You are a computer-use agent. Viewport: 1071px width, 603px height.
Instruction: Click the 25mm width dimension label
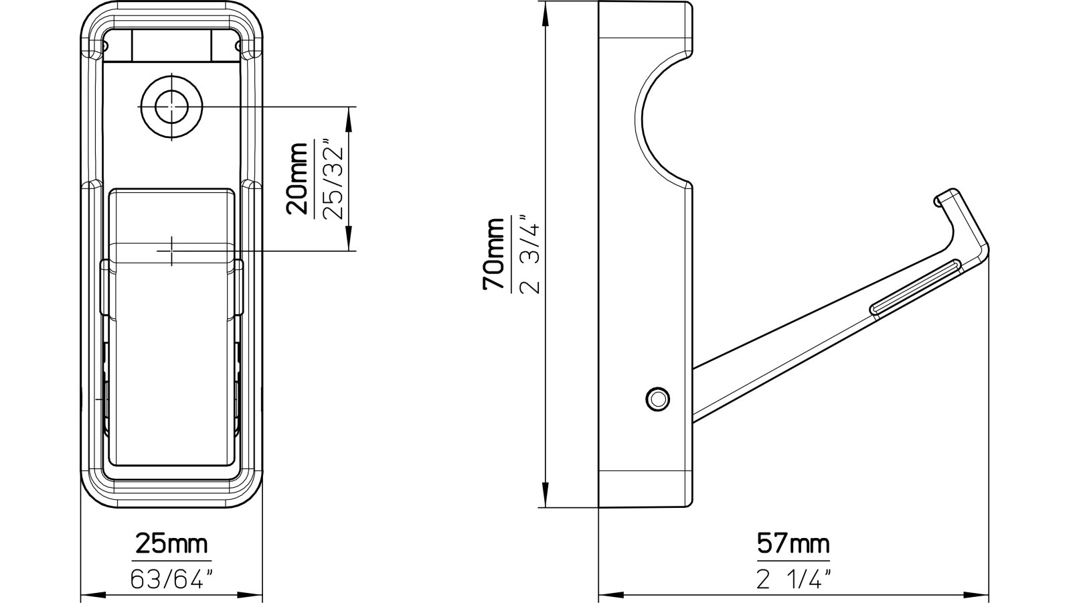(x=171, y=543)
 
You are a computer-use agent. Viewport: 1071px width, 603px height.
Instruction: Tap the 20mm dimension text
(x=297, y=178)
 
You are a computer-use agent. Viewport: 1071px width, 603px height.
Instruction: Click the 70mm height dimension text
(x=495, y=255)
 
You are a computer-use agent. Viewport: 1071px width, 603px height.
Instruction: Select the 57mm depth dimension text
(x=793, y=543)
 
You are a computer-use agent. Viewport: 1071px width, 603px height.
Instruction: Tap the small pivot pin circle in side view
(x=657, y=399)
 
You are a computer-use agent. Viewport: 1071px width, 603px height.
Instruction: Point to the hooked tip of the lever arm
(x=944, y=196)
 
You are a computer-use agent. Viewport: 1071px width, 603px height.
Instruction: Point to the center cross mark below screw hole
(x=171, y=251)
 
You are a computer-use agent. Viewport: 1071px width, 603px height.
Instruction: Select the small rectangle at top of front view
(x=171, y=45)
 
